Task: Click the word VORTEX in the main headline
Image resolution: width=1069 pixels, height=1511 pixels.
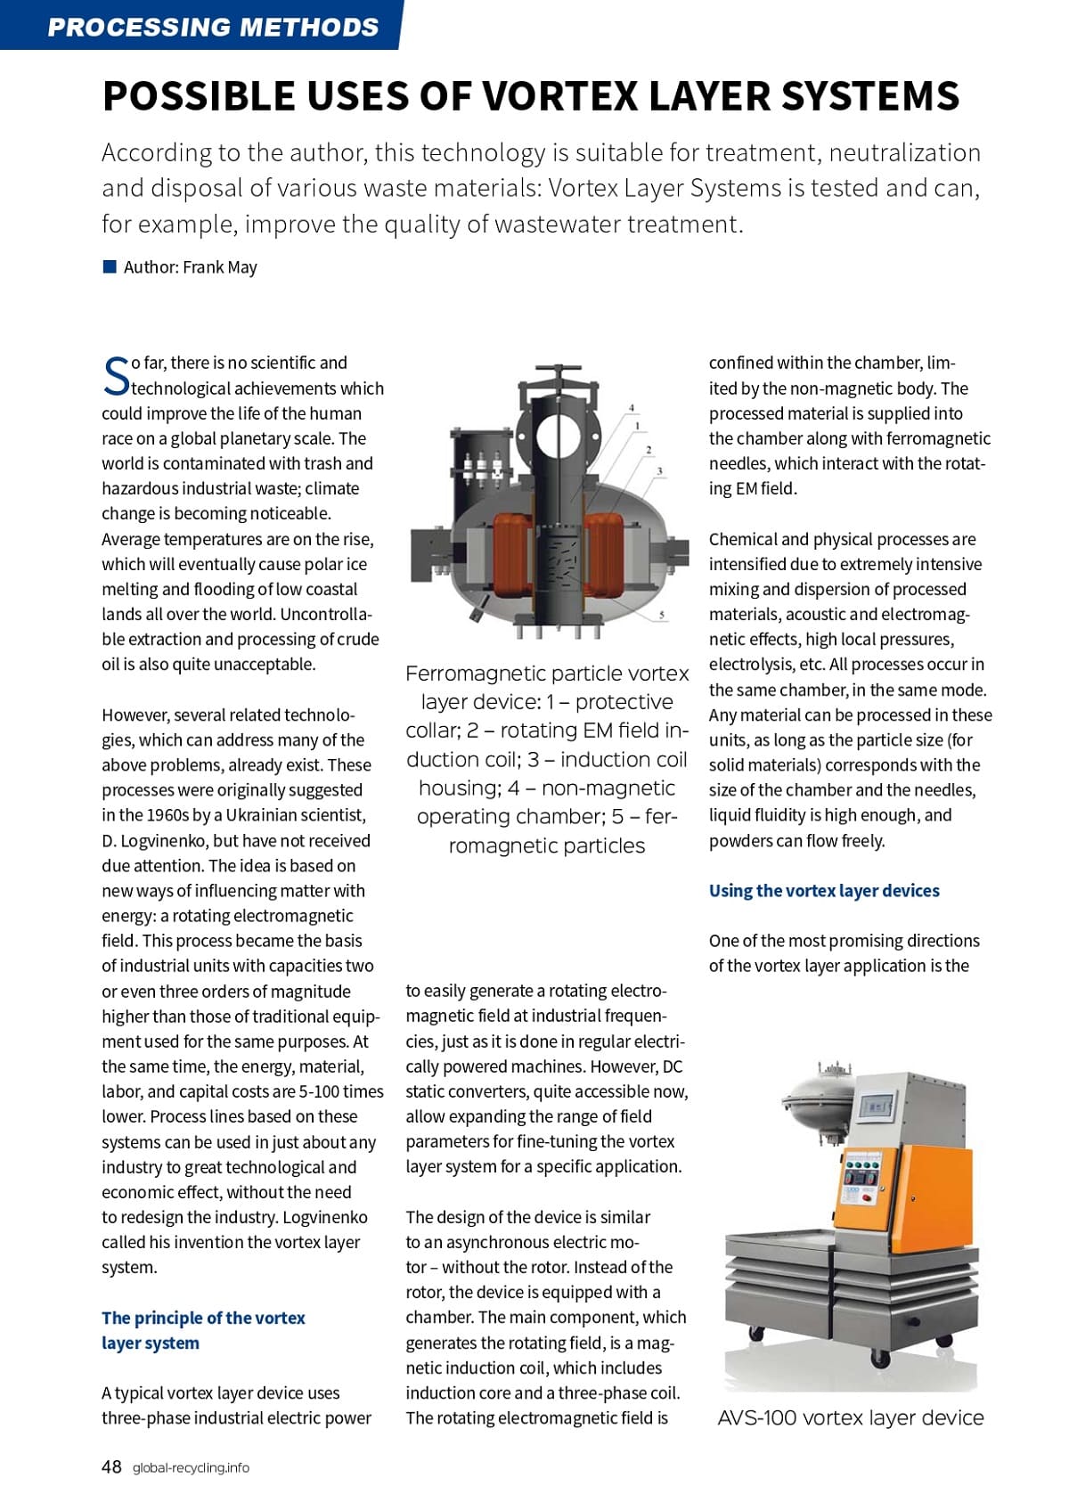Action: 559,96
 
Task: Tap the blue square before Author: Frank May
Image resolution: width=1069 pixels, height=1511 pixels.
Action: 110,266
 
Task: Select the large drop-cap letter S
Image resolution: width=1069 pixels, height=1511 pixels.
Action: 116,376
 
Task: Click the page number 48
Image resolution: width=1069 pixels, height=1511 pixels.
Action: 111,1466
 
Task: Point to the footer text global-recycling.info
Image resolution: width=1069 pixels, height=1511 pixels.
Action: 191,1467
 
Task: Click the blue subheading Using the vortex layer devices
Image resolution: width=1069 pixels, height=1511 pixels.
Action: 824,891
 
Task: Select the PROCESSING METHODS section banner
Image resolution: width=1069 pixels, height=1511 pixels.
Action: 213,26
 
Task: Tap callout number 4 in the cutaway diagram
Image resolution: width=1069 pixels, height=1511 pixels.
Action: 632,408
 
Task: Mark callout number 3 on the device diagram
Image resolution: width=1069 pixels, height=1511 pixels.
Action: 659,470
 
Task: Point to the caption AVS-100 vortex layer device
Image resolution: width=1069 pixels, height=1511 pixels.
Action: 851,1417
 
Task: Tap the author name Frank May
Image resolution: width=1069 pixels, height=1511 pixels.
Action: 220,267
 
